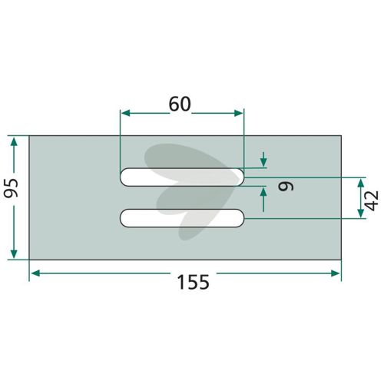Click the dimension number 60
tap(180, 104)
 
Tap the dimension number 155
tap(194, 282)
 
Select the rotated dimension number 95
tap(12, 188)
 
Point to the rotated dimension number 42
tap(372, 200)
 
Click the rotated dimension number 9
tap(286, 186)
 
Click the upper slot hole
tap(182, 177)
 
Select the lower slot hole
tap(182, 218)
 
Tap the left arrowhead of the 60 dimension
tap(126, 113)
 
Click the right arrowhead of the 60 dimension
tap(238, 113)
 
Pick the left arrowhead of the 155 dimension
tap(36, 273)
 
